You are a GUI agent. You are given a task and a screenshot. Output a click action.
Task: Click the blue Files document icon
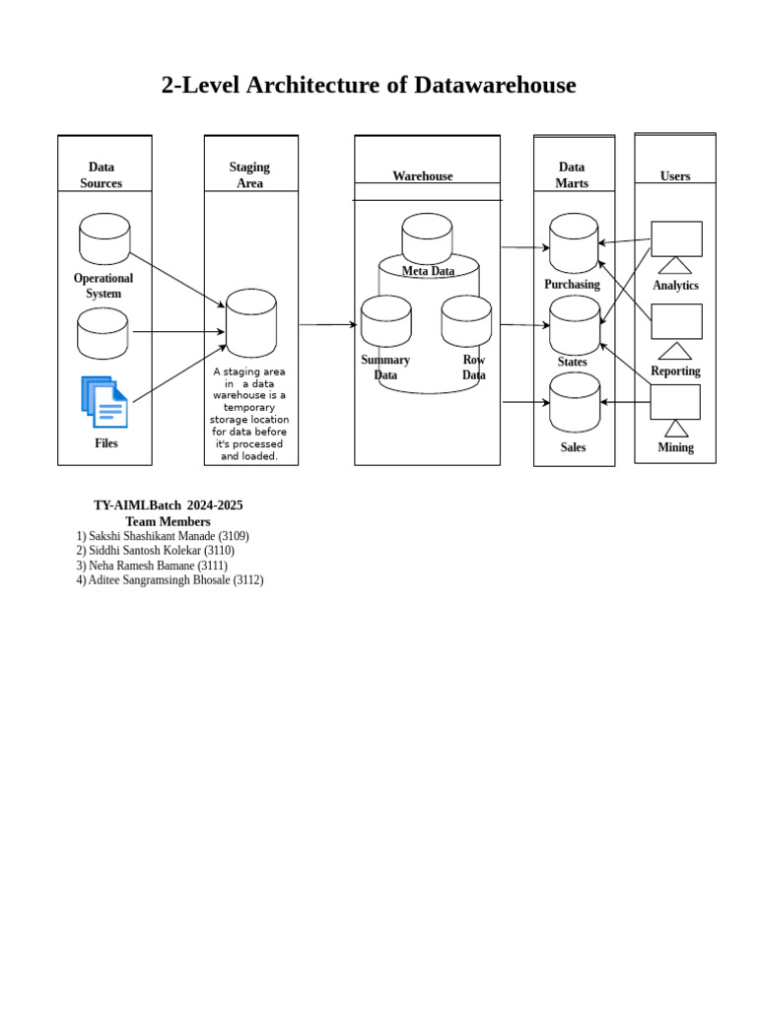104,402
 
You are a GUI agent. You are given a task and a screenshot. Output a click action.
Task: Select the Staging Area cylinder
251,323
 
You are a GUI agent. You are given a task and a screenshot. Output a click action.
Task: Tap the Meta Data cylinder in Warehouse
427,237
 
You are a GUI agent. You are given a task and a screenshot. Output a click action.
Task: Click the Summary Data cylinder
385,321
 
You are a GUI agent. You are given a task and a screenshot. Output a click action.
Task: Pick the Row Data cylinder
466,321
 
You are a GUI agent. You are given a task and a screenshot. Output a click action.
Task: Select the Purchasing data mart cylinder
574,243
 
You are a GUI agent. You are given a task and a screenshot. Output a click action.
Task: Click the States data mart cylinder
574,325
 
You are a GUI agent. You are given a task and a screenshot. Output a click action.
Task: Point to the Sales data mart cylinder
574,402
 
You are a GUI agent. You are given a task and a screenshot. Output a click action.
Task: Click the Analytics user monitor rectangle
676,238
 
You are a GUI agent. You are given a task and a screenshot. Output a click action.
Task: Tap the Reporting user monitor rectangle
676,321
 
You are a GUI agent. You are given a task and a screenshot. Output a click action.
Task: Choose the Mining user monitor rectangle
675,402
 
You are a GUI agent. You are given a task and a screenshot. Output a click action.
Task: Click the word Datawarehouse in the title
495,86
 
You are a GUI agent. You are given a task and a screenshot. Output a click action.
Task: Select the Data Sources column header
102,174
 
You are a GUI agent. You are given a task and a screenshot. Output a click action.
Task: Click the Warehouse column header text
423,176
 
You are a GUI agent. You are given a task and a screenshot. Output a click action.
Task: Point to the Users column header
675,176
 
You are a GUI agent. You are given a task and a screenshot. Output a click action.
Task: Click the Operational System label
103,286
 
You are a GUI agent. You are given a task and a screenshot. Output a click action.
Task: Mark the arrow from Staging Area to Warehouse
327,324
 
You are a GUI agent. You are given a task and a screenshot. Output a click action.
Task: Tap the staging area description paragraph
249,414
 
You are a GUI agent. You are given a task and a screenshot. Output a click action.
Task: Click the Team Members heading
168,521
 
